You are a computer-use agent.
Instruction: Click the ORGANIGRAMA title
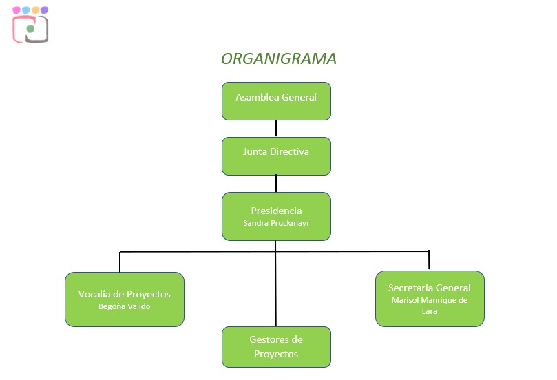click(x=278, y=59)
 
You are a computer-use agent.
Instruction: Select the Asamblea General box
click(x=276, y=101)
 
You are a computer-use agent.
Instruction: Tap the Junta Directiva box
click(x=276, y=156)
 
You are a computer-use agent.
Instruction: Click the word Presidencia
click(x=276, y=211)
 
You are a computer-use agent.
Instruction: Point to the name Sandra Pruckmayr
click(x=276, y=223)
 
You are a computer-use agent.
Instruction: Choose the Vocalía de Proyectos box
click(x=124, y=299)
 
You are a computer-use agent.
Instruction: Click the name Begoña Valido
click(x=124, y=306)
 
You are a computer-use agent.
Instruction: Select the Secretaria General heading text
click(x=429, y=288)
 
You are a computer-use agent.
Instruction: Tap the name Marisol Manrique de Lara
click(x=429, y=306)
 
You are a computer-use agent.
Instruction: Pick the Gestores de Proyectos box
click(x=276, y=347)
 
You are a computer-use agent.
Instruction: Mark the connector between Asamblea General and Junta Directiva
click(x=276, y=129)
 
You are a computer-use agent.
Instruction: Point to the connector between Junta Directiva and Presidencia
click(x=276, y=184)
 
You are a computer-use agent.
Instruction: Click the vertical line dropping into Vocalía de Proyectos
click(x=120, y=262)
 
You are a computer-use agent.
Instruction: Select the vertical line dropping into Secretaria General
click(x=429, y=260)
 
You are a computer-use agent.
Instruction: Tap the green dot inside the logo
click(x=30, y=30)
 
